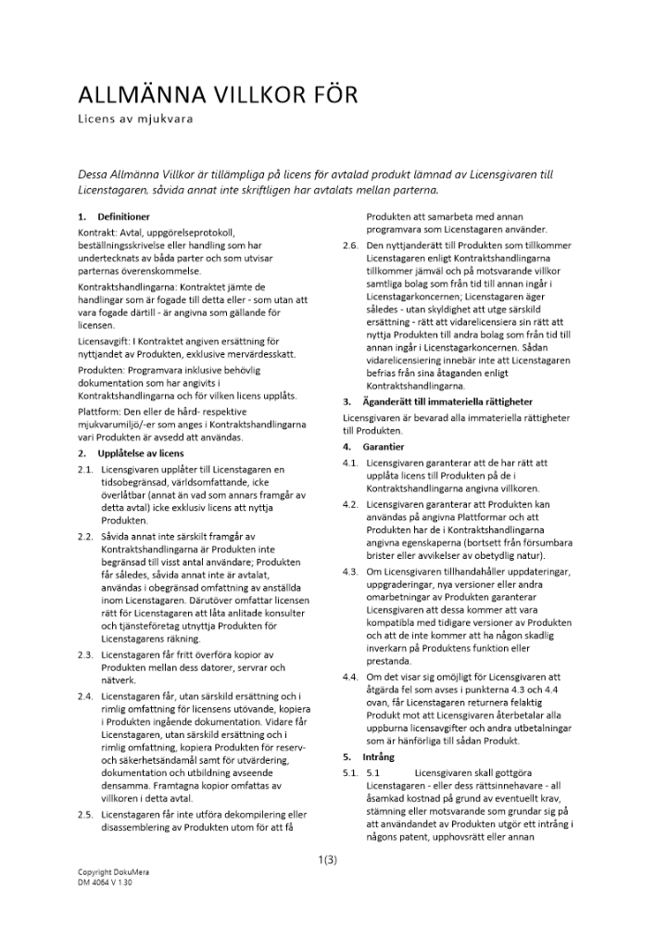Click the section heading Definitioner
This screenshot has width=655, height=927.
tap(122, 216)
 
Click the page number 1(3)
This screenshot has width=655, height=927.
tap(327, 859)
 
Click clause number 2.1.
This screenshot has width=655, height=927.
tap(85, 470)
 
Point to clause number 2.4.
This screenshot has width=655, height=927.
tap(85, 694)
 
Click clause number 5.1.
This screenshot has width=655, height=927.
tap(349, 772)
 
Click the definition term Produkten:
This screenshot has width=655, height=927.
tap(100, 369)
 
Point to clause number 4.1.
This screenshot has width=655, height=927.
tap(349, 462)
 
